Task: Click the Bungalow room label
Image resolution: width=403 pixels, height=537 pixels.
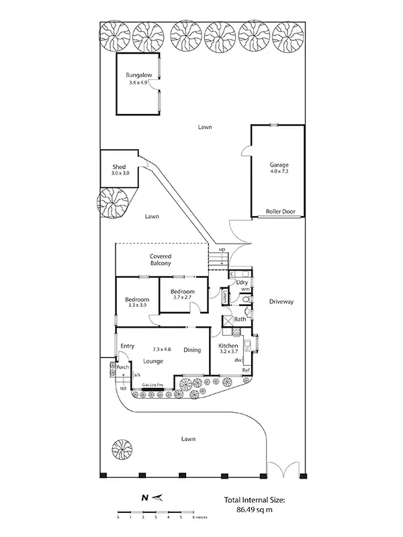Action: (140, 76)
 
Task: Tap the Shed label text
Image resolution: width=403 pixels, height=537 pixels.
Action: (120, 166)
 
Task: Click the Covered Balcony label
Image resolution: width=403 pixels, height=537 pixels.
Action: (160, 260)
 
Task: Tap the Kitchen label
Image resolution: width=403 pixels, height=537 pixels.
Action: (229, 346)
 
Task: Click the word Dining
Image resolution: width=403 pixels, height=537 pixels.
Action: (193, 350)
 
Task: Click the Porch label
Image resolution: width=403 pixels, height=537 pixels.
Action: (122, 367)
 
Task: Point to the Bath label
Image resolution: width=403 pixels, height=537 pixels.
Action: (240, 320)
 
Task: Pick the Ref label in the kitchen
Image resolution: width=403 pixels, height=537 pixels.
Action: (246, 370)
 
